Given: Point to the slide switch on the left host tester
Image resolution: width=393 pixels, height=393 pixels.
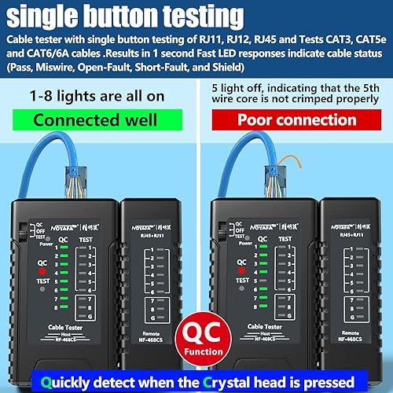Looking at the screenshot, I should (x=20, y=231).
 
